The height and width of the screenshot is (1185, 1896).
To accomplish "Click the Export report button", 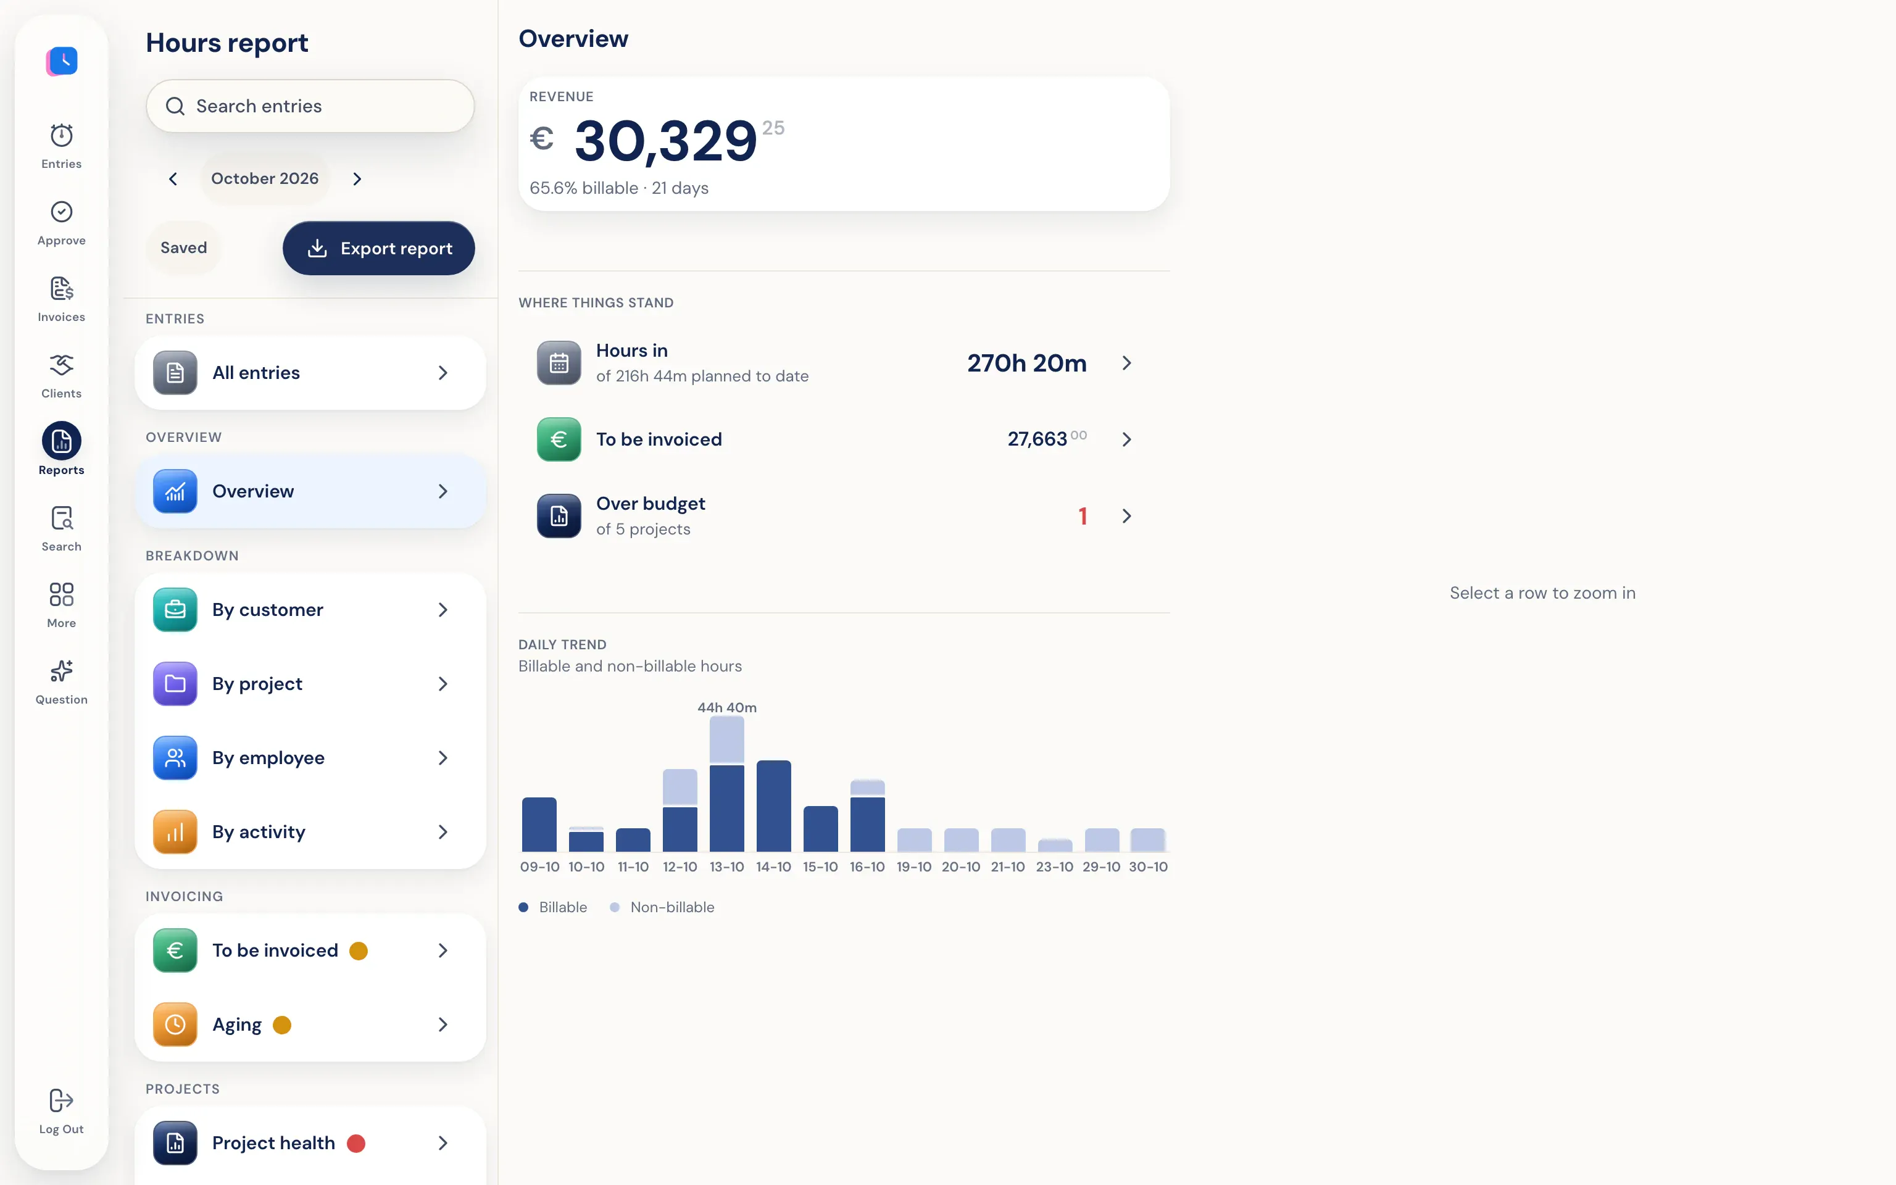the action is click(378, 249).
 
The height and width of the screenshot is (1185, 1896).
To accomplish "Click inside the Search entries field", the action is click(310, 106).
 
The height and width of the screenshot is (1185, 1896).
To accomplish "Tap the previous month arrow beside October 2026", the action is click(173, 179).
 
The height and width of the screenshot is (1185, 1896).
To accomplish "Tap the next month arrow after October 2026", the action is click(357, 179).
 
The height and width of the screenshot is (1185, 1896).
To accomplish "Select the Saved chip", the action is click(183, 247).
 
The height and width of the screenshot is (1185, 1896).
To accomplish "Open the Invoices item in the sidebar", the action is click(61, 299).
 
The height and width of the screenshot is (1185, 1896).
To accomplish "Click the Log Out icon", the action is click(61, 1100).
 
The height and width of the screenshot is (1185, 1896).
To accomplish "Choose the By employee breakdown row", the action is click(310, 758).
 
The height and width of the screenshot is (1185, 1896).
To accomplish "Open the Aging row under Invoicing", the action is click(310, 1025).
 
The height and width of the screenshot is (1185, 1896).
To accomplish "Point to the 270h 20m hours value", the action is click(1026, 363).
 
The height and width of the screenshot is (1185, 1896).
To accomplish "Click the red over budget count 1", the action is click(1083, 516).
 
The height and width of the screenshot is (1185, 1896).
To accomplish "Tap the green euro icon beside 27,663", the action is click(559, 439).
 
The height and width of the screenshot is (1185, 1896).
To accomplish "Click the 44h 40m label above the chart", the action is click(727, 708).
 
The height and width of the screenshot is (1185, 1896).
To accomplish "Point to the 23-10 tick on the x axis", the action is click(1055, 867).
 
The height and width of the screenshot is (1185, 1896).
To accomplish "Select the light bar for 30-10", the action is click(1148, 839).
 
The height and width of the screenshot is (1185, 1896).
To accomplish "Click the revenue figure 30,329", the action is click(666, 142).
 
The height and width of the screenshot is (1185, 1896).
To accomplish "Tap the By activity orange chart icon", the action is click(175, 831).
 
